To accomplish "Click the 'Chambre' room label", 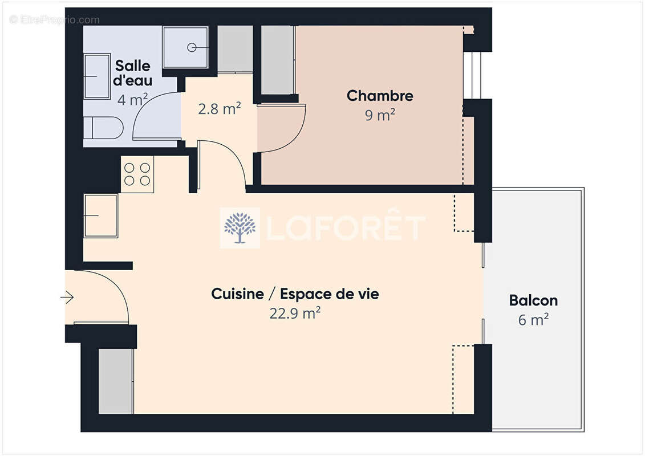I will pos(380,96).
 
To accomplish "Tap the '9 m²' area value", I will pos(380,115).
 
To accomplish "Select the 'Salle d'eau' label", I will pos(133,73).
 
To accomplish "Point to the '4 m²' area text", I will pos(133,100).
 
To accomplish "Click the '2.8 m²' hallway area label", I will pos(219,109).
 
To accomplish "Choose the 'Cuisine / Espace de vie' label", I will pos(295,294).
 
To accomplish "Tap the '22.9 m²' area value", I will pos(295,313).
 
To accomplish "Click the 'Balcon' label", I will pos(533,300).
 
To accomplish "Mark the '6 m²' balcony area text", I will pos(533,320).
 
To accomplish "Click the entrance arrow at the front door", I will pos(67,297).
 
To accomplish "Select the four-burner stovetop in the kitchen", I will pos(137,174).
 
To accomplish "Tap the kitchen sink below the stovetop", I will pos(101,215).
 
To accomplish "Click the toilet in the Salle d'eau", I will pos(103,128).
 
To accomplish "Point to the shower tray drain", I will pos(193,47).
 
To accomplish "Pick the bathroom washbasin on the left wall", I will pos(96,76).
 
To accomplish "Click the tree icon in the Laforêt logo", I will pos(240,228).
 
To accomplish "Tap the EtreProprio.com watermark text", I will pos(55,20).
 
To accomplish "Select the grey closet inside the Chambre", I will pos(277,60).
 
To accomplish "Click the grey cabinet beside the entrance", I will pos(116,381).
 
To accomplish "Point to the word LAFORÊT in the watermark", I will pos(346,228).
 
